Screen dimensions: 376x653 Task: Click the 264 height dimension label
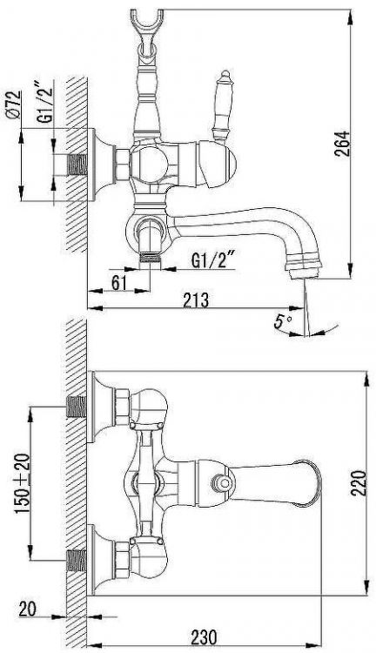tap(342, 144)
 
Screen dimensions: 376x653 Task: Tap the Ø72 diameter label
tap(14, 105)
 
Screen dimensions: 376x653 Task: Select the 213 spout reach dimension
tap(195, 300)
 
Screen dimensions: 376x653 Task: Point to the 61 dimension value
tap(118, 282)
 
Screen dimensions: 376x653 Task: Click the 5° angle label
tap(283, 321)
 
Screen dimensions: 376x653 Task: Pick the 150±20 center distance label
tap(24, 483)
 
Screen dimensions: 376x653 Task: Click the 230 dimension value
tap(204, 637)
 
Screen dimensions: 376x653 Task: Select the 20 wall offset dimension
tap(28, 609)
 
